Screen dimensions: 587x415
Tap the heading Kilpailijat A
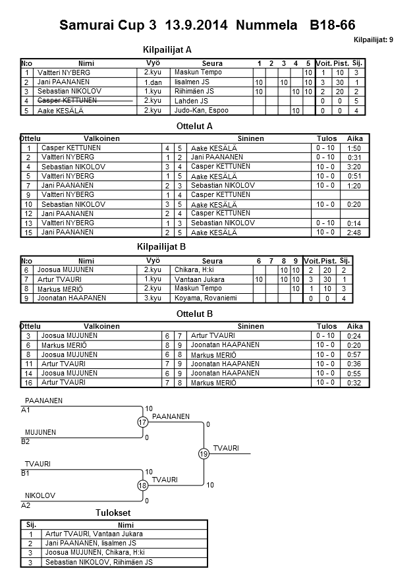167,49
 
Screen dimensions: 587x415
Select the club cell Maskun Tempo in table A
198,72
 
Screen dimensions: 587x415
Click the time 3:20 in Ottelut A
354,167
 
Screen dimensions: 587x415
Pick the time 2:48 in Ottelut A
354,233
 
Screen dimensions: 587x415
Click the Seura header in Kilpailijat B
212,261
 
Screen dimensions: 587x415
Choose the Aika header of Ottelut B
355,326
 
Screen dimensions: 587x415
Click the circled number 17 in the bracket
142,422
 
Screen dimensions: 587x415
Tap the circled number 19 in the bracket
204,454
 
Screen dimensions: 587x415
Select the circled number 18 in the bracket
142,486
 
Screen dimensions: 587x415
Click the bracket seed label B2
26,442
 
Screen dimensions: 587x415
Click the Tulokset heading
113,513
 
